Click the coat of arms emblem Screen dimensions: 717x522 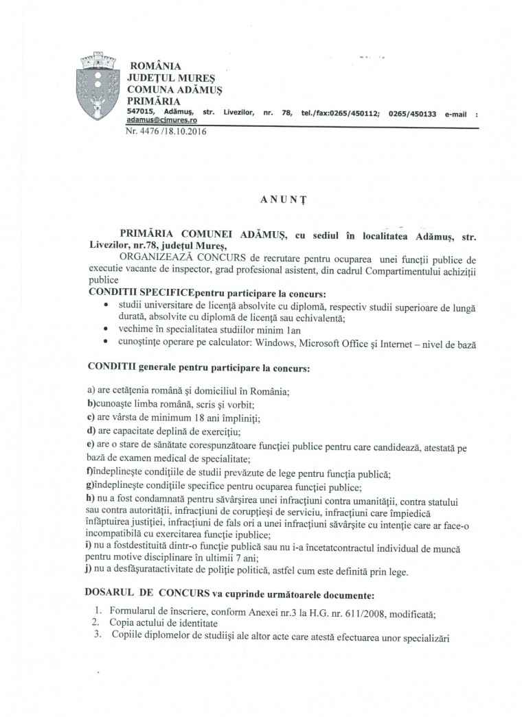point(99,86)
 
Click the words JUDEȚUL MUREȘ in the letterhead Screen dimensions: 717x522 point(166,79)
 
